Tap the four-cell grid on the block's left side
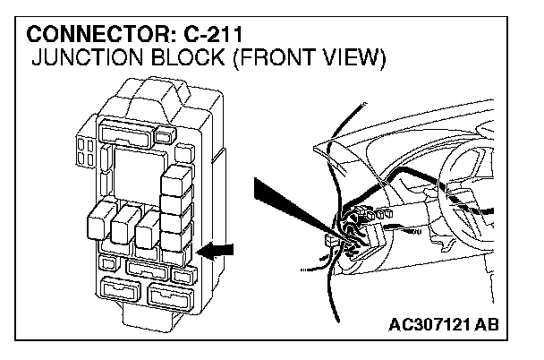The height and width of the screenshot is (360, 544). click(x=88, y=150)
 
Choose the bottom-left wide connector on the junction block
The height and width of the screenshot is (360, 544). click(x=122, y=291)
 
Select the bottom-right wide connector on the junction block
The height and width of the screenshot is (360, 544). click(x=170, y=295)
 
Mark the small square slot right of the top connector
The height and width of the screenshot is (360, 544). click(x=165, y=135)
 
